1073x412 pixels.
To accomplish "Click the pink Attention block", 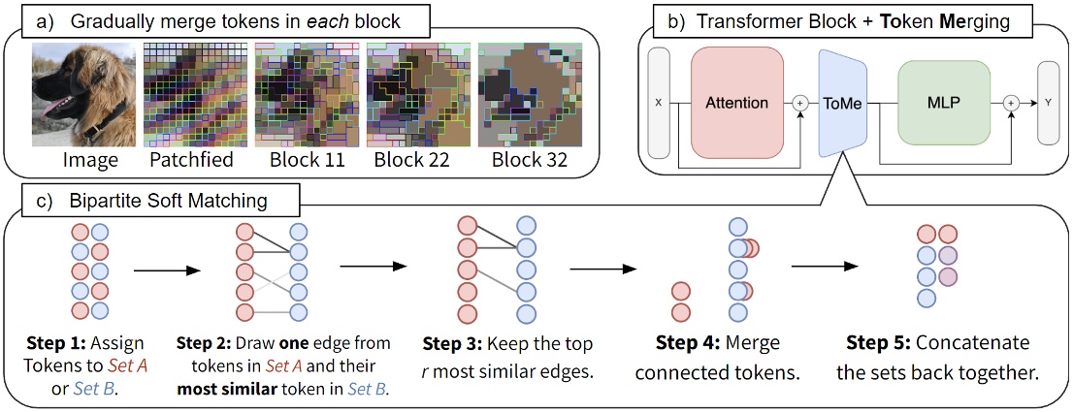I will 736,102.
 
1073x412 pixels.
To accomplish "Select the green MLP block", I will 944,102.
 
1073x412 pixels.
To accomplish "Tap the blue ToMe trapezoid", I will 841,102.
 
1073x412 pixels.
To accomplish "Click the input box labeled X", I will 659,102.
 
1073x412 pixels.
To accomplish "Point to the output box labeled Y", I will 1048,102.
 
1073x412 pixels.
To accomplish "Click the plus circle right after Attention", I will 800,102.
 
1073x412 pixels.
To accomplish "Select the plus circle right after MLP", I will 1011,102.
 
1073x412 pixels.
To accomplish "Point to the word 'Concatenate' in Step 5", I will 974,344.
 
